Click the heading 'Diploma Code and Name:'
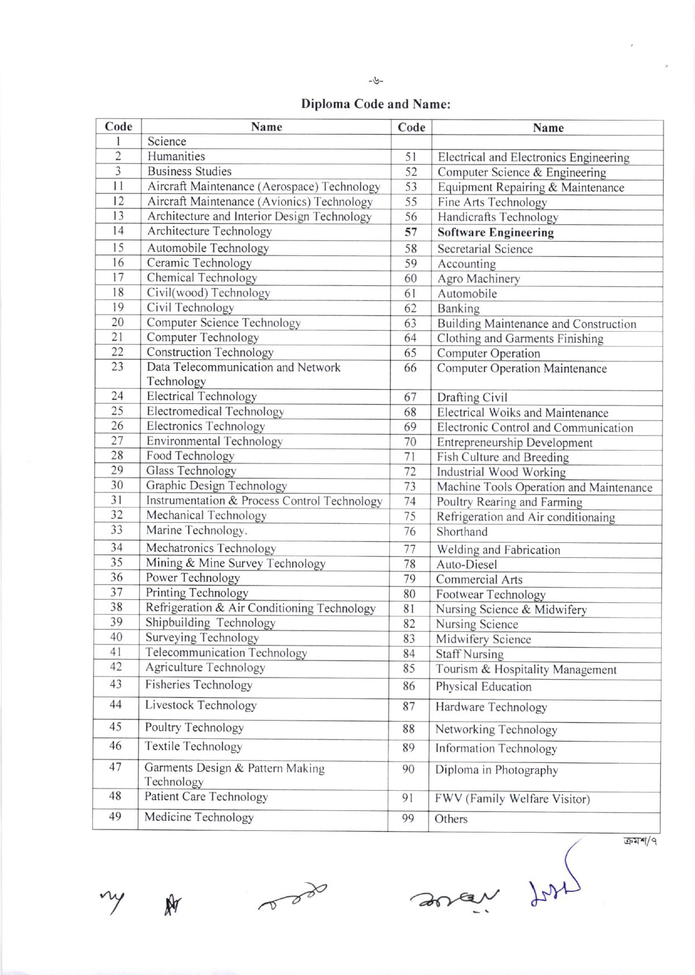click(x=375, y=104)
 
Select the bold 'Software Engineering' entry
click(x=495, y=232)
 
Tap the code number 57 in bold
click(x=411, y=232)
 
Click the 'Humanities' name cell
click(x=176, y=156)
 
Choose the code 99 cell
click(x=408, y=819)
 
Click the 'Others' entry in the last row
click(x=451, y=819)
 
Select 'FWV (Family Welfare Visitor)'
click(x=512, y=799)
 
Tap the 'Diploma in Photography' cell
click(x=496, y=770)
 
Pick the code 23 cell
click(x=117, y=367)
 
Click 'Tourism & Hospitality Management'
click(x=526, y=670)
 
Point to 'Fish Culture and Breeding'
click(x=502, y=457)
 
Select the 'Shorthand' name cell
click(x=461, y=532)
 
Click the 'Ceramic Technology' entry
click(x=199, y=263)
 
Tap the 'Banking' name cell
click(x=458, y=309)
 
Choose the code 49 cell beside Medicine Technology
click(x=115, y=816)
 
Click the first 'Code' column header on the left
click(x=118, y=127)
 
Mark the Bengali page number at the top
click(x=376, y=81)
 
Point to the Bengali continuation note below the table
click(x=640, y=841)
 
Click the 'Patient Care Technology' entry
click(x=206, y=797)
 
